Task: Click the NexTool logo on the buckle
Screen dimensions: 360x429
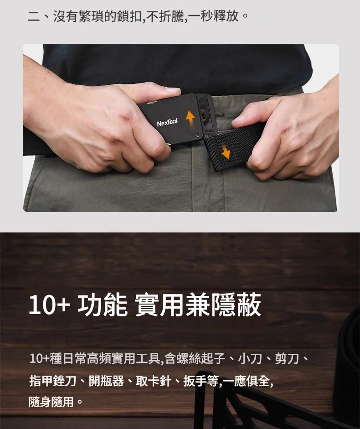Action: coord(167,122)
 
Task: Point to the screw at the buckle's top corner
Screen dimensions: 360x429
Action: coord(191,98)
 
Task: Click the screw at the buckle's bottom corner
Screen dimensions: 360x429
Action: coord(197,135)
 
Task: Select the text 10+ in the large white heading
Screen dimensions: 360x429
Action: coord(49,305)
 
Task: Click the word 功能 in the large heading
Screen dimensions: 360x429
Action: coord(103,305)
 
